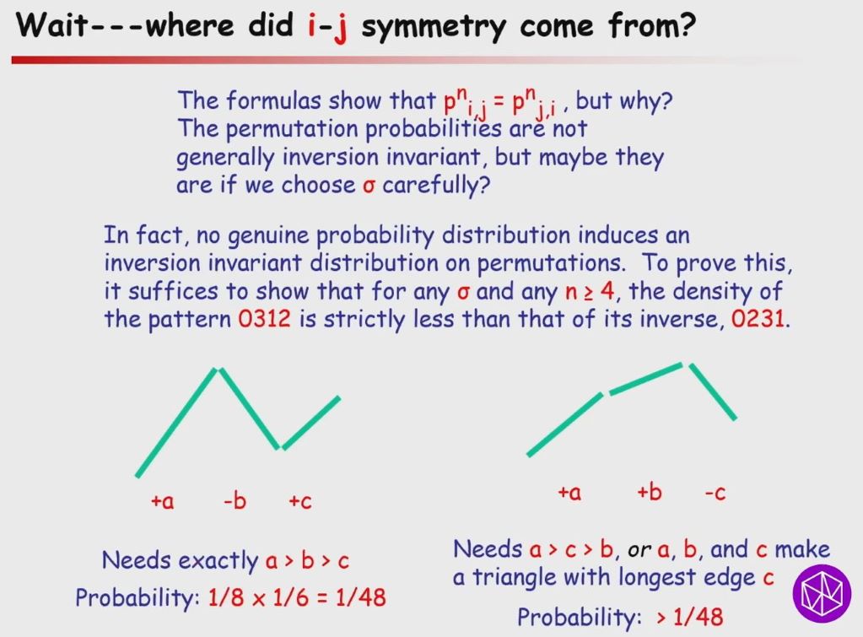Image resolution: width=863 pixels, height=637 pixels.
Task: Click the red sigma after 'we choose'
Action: [368, 185]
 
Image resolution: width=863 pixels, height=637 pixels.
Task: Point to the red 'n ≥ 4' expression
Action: [593, 294]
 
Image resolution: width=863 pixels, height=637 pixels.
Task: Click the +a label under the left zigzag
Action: [162, 501]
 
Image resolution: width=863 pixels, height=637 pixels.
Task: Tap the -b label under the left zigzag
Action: [235, 501]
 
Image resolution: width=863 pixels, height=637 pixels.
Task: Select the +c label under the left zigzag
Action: [299, 501]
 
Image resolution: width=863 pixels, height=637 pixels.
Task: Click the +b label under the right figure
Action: [649, 493]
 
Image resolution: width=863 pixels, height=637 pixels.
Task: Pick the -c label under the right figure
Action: [715, 493]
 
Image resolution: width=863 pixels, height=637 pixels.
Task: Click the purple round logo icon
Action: [821, 590]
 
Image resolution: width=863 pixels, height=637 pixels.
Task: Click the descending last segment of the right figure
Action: [714, 391]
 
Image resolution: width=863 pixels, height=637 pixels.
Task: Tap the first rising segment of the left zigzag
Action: [177, 423]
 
